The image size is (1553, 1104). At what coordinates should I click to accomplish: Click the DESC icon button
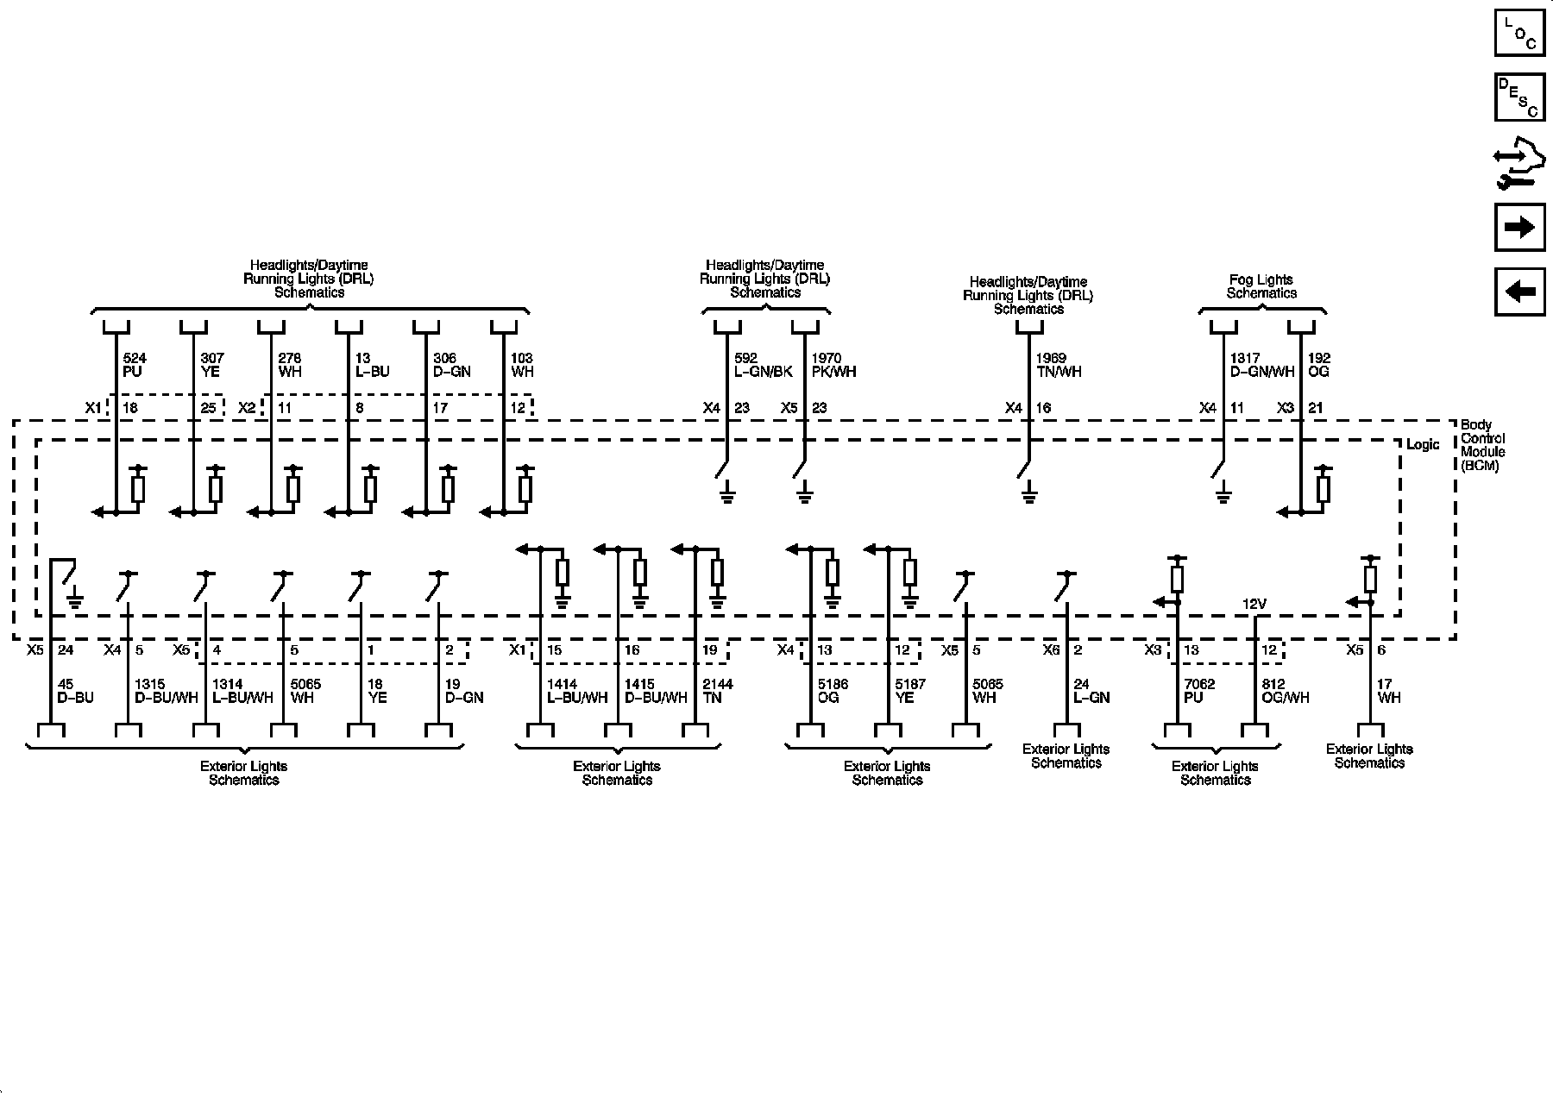pyautogui.click(x=1519, y=97)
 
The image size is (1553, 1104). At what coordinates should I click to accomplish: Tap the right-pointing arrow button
pyautogui.click(x=1519, y=227)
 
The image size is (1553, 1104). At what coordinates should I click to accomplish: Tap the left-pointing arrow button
pyautogui.click(x=1519, y=292)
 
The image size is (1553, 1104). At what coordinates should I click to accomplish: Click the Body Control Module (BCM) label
pyautogui.click(x=1482, y=445)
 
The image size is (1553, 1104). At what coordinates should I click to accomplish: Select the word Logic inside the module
pyautogui.click(x=1423, y=445)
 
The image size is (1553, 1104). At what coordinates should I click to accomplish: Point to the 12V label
pyautogui.click(x=1254, y=605)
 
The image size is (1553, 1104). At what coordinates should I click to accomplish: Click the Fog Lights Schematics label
pyautogui.click(x=1261, y=286)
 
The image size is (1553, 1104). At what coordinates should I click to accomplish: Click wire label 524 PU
pyautogui.click(x=133, y=365)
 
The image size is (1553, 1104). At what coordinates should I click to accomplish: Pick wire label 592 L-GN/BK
pyautogui.click(x=763, y=365)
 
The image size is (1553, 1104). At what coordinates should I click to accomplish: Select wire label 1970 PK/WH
pyautogui.click(x=833, y=365)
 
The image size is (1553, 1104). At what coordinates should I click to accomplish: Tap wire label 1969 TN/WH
pyautogui.click(x=1058, y=365)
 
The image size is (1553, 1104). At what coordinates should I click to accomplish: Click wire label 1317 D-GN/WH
pyautogui.click(x=1262, y=365)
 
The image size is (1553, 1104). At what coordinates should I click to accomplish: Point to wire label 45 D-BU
pyautogui.click(x=75, y=691)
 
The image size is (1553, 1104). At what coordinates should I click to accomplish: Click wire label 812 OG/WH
pyautogui.click(x=1285, y=691)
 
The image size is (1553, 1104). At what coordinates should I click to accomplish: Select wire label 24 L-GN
pyautogui.click(x=1091, y=691)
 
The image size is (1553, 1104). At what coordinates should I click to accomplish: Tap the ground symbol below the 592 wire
pyautogui.click(x=727, y=495)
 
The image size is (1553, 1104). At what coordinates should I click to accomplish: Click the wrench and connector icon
pyautogui.click(x=1519, y=164)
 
